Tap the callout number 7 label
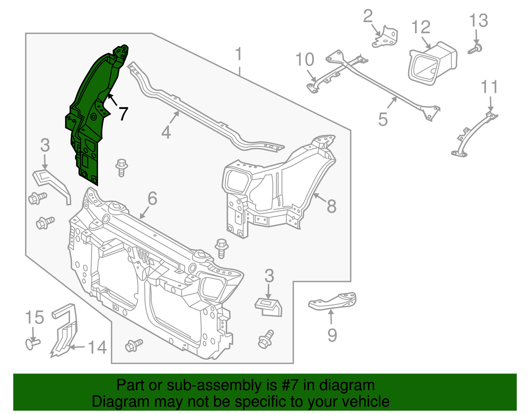(x=123, y=114)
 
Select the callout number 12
(x=421, y=27)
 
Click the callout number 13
(x=478, y=21)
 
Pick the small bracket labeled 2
(x=386, y=37)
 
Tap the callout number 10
(x=304, y=60)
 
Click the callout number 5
(x=383, y=119)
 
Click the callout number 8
(x=331, y=206)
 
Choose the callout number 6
(x=152, y=199)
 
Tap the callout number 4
(x=166, y=132)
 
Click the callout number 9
(x=332, y=335)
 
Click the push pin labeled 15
(x=32, y=343)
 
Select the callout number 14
(x=97, y=348)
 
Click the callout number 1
(x=238, y=54)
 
